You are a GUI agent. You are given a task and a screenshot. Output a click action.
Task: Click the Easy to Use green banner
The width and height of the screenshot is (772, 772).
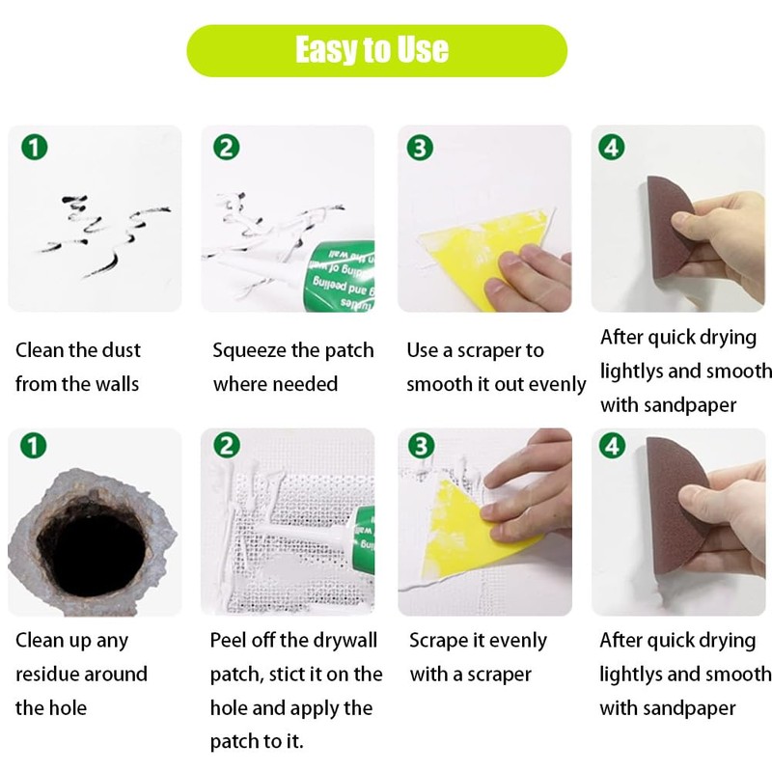[x=376, y=50]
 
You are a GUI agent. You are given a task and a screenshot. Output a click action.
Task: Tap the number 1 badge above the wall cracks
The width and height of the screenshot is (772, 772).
[x=35, y=148]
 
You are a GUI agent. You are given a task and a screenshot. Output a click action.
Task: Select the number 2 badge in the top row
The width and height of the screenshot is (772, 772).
[x=227, y=148]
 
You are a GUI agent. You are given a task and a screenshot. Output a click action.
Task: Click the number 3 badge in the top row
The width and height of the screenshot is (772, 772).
[x=420, y=148]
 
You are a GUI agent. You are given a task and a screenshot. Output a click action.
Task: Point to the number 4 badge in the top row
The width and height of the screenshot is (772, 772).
[x=612, y=147]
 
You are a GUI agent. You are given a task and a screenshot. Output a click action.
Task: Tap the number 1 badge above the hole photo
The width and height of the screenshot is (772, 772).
[x=33, y=446]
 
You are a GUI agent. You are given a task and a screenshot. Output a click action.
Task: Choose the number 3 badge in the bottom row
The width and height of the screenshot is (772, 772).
[x=422, y=446]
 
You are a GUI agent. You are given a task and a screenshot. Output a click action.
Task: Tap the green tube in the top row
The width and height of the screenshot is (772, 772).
[x=340, y=276]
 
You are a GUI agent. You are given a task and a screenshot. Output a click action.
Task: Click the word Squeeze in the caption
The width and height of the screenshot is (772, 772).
[x=250, y=351]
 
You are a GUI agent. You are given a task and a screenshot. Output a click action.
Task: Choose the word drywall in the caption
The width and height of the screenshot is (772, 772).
[x=345, y=641]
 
